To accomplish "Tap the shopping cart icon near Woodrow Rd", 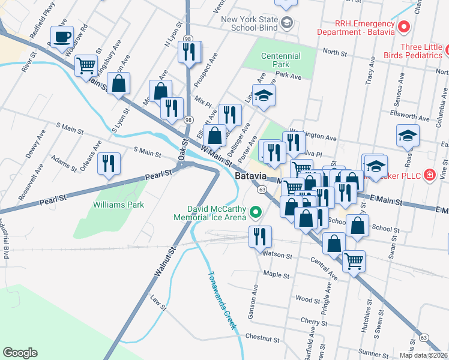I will [86, 65].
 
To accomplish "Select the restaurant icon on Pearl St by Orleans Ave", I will [109, 163].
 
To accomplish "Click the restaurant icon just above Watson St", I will [260, 236].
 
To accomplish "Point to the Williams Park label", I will [119, 205].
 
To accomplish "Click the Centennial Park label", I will [280, 60].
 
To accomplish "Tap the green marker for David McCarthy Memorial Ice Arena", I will [257, 212].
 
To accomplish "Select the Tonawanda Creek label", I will [223, 304].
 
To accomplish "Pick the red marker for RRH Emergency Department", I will [404, 26].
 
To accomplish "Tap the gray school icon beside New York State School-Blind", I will [287, 23].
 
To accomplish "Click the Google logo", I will [20, 352].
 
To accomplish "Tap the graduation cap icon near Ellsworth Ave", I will [408, 135].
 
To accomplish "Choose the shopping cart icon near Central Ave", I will [354, 260].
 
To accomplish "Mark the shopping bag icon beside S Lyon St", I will [119, 83].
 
